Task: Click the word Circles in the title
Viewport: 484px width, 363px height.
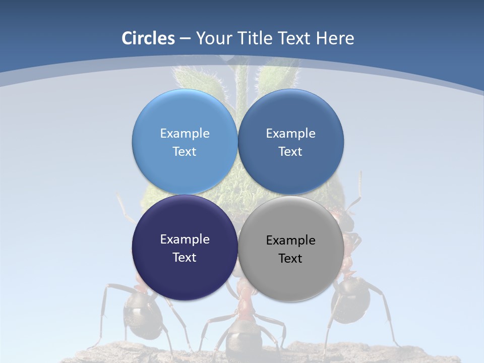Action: (148, 38)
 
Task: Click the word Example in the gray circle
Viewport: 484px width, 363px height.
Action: (291, 240)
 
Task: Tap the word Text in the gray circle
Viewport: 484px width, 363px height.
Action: (290, 259)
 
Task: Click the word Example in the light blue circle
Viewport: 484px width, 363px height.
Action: (185, 134)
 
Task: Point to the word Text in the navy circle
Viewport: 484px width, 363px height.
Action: (185, 258)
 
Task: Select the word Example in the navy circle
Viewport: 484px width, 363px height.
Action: (185, 239)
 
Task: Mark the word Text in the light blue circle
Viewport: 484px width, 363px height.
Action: (185, 152)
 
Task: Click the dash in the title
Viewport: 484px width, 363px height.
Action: (185, 39)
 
